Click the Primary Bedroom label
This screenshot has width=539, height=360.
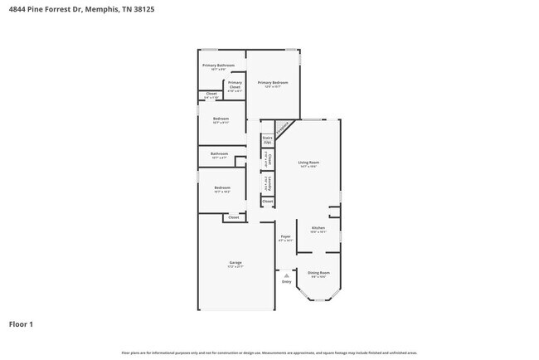click(x=272, y=83)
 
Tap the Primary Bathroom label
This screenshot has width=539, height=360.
click(x=218, y=65)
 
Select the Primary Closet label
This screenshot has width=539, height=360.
click(x=235, y=85)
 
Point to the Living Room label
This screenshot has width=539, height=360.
click(x=309, y=163)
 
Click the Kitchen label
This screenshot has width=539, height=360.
click(x=318, y=229)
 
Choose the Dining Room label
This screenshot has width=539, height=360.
click(x=319, y=273)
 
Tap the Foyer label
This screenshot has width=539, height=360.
click(x=285, y=237)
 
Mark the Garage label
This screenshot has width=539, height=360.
click(x=236, y=264)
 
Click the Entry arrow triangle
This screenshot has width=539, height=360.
click(x=286, y=275)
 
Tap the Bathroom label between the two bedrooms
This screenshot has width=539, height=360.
click(x=219, y=153)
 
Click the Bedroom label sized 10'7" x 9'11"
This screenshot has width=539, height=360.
click(x=221, y=120)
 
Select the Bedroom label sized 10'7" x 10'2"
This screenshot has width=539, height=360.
click(x=222, y=188)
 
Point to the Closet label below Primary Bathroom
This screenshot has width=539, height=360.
click(x=211, y=95)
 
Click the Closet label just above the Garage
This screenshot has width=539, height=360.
click(x=234, y=217)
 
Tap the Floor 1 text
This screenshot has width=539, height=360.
click(x=22, y=324)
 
